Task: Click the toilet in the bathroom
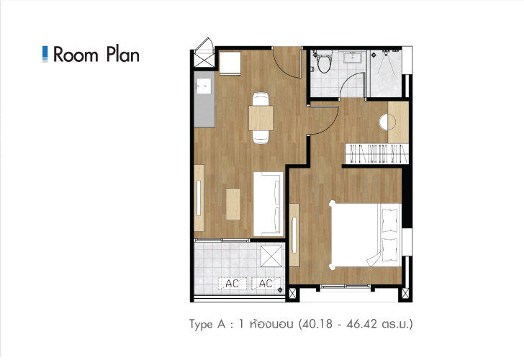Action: click(x=324, y=62)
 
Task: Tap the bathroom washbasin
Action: click(x=352, y=57)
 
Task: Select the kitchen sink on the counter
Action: click(x=204, y=86)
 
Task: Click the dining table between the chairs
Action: click(x=261, y=118)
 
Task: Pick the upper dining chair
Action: click(x=261, y=99)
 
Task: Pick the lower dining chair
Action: click(x=261, y=137)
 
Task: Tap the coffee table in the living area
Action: click(x=233, y=204)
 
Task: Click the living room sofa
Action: click(x=268, y=204)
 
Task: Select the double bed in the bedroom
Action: click(x=365, y=235)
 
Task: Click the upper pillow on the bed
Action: click(x=389, y=220)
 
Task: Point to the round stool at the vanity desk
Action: click(x=387, y=122)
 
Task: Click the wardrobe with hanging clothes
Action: click(x=377, y=154)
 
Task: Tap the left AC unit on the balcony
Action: click(x=232, y=284)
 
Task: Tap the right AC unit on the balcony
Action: click(x=266, y=284)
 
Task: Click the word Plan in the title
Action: click(x=123, y=55)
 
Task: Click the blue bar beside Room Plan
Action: click(x=45, y=54)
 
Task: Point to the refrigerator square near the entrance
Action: click(x=230, y=63)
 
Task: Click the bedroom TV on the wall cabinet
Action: click(x=294, y=235)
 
